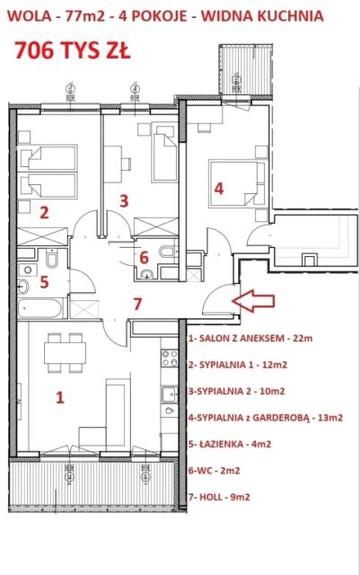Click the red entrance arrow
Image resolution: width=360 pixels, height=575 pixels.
(x=254, y=301)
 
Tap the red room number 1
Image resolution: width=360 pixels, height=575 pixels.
(x=60, y=397)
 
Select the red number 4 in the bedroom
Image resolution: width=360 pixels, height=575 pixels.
(x=219, y=189)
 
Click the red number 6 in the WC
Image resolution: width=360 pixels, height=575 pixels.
(x=144, y=257)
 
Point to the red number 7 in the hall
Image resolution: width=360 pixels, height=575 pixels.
(x=137, y=304)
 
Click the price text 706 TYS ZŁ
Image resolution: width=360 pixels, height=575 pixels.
(x=73, y=50)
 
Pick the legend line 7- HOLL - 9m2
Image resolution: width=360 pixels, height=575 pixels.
(x=219, y=497)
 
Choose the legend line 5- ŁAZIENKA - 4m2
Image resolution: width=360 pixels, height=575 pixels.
(x=230, y=444)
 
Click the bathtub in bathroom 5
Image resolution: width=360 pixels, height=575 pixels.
(x=40, y=308)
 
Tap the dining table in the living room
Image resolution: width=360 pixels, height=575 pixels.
(x=66, y=352)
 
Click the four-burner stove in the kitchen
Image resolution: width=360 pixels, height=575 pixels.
(x=170, y=358)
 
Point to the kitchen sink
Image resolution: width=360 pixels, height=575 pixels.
(x=170, y=394)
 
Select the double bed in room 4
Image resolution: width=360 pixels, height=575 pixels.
(x=237, y=182)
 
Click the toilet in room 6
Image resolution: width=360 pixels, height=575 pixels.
(x=167, y=252)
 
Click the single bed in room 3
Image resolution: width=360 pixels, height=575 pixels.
(x=164, y=154)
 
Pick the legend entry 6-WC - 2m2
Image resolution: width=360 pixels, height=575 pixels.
(x=214, y=471)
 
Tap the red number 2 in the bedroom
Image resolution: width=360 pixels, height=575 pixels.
(x=44, y=212)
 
